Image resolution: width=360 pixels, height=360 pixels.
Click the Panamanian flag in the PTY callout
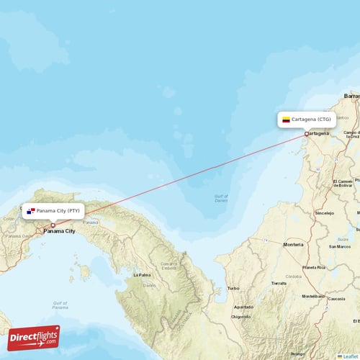(x=30, y=211)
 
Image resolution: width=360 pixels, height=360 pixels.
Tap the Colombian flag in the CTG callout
(x=286, y=120)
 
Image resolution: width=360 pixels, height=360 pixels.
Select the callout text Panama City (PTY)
(x=59, y=211)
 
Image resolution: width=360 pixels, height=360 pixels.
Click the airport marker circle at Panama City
(x=53, y=225)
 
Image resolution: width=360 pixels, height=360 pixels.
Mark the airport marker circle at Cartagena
(x=307, y=134)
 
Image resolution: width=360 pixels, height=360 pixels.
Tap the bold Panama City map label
(x=60, y=231)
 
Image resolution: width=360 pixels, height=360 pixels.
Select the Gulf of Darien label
(x=221, y=198)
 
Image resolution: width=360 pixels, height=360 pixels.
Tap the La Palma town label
(x=142, y=274)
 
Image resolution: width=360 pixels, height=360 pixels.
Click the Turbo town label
(x=233, y=288)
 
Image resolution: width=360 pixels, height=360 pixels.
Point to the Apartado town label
(x=243, y=306)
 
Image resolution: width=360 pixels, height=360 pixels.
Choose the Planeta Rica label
(x=314, y=267)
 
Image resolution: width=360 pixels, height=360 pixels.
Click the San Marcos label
(x=339, y=246)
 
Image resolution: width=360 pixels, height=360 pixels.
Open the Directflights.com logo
(x=34, y=337)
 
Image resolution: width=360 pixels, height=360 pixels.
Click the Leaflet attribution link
(x=351, y=356)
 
